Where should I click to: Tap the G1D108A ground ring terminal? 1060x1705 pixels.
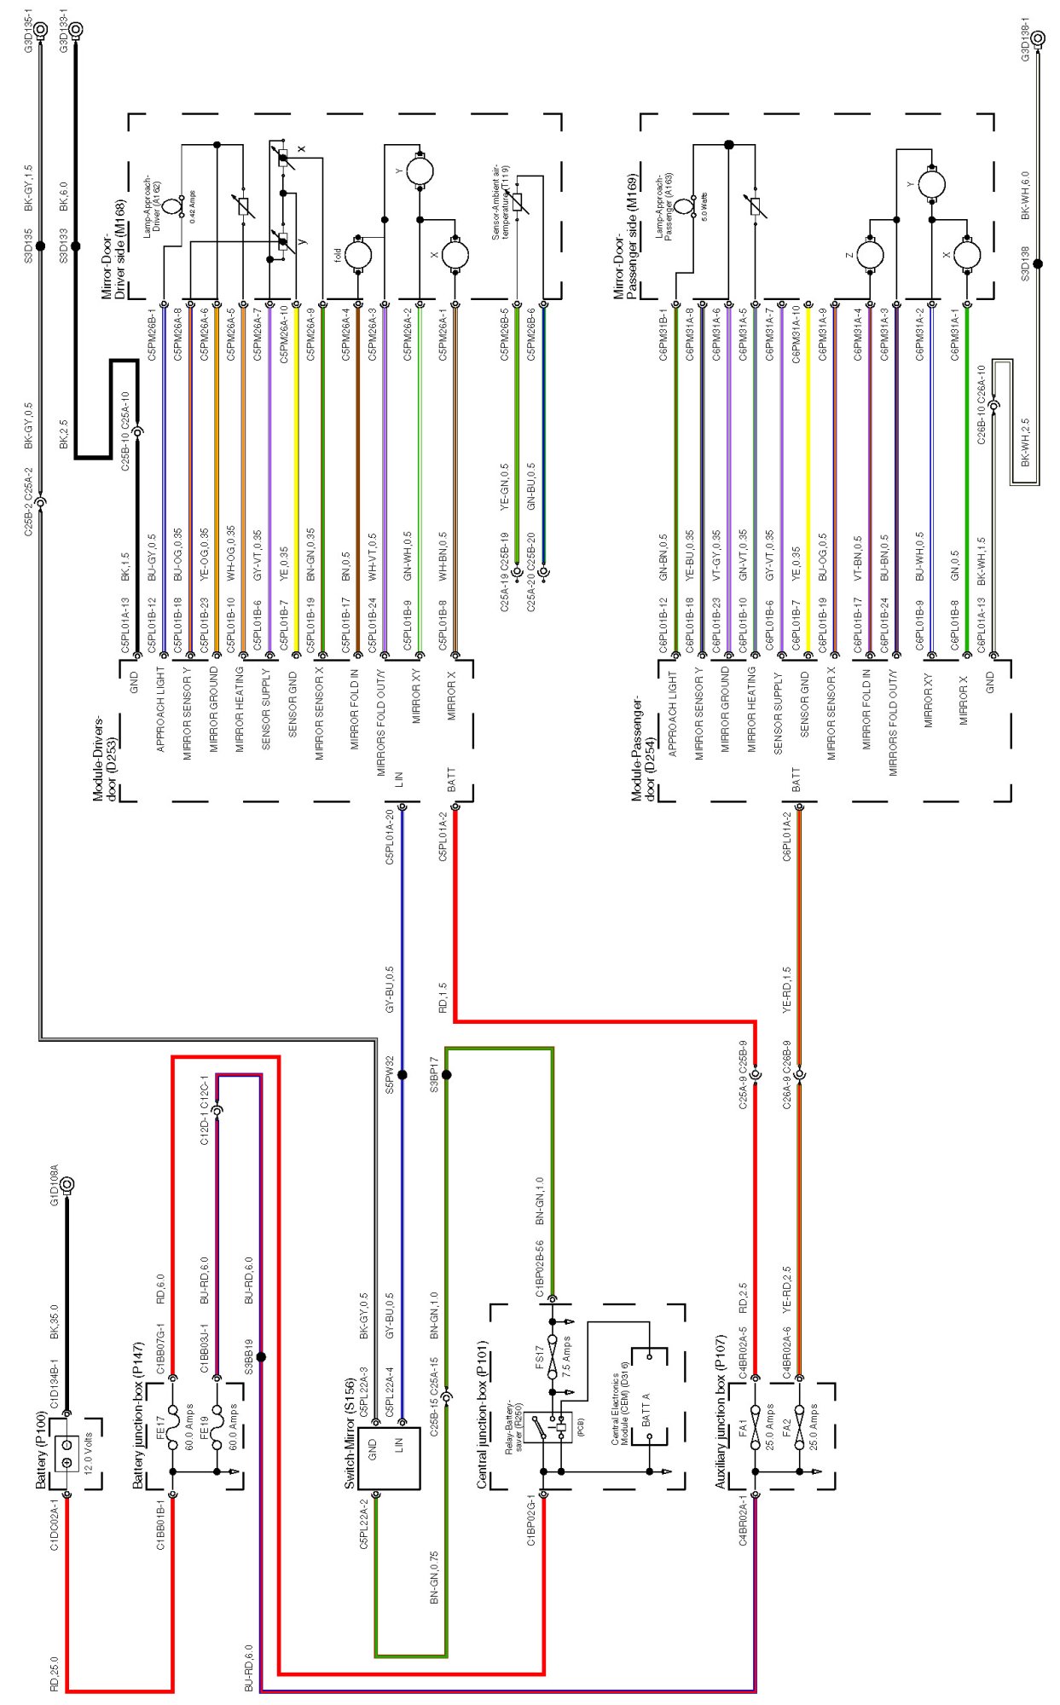click(x=67, y=1184)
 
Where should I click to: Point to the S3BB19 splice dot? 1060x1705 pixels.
click(x=261, y=1356)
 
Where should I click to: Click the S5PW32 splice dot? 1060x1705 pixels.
click(x=403, y=1074)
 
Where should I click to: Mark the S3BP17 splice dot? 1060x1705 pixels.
click(x=446, y=1074)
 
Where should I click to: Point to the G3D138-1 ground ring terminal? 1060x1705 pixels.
click(x=1038, y=38)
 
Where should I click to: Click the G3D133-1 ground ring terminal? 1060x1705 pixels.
click(x=76, y=31)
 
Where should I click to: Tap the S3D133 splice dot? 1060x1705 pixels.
click(x=76, y=246)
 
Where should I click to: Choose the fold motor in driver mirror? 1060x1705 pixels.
click(x=358, y=254)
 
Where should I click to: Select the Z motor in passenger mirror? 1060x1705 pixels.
click(x=870, y=254)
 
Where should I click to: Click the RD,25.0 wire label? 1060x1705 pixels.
click(x=55, y=1673)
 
